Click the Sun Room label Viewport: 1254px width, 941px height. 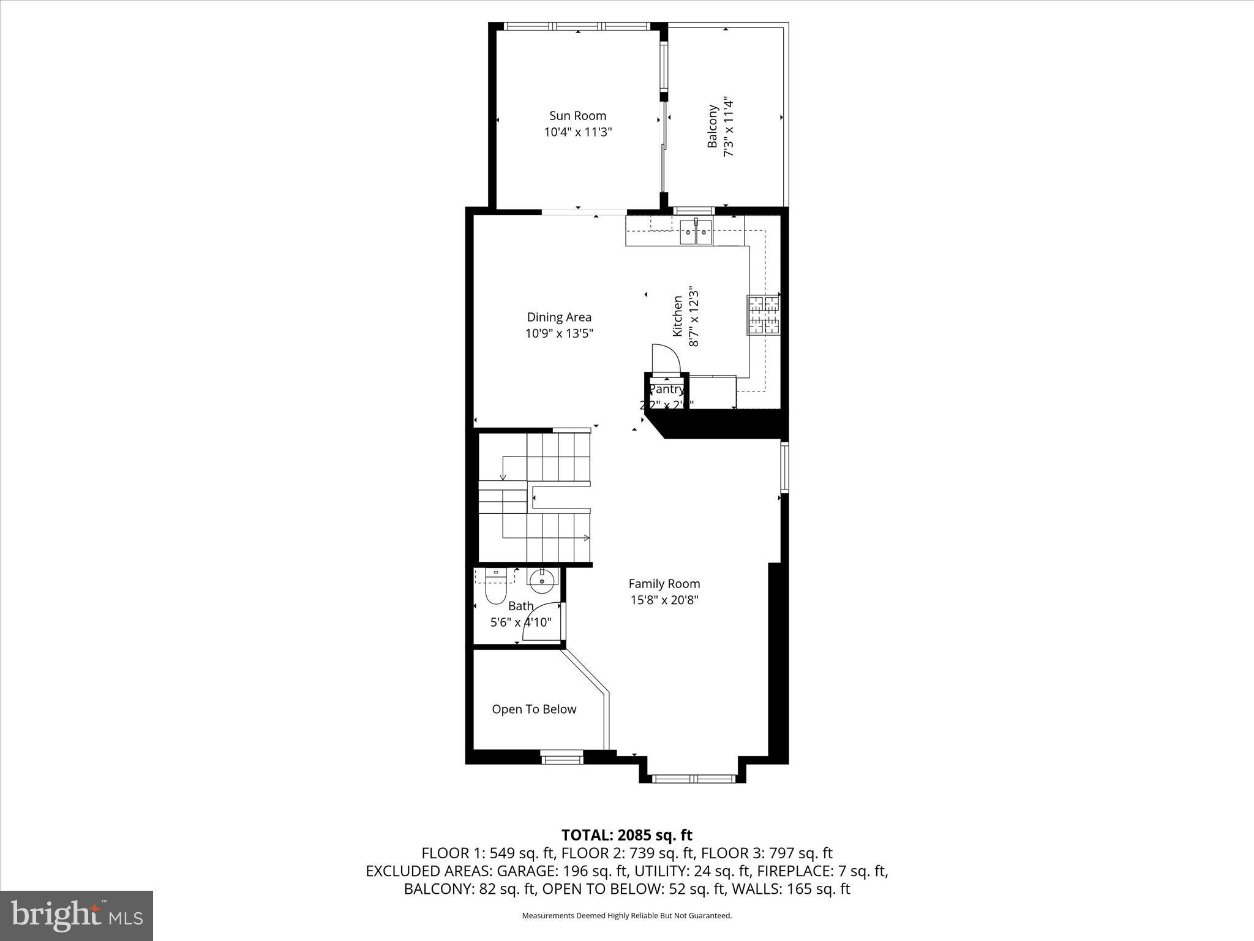pos(577,116)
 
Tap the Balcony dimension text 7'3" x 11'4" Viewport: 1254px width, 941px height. pos(729,127)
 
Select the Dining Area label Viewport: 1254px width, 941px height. pos(559,317)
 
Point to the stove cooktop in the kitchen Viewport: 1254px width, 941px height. pos(762,316)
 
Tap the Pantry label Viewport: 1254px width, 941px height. pos(666,390)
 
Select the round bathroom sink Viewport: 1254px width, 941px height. pos(542,580)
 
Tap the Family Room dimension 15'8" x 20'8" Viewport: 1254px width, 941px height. pos(664,600)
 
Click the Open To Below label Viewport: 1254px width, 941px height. pos(534,709)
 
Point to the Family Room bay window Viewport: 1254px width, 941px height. pos(693,779)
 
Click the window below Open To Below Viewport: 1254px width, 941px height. pos(562,760)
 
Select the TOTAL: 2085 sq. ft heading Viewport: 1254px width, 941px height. pos(626,835)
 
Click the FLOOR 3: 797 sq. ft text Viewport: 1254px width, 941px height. pos(767,853)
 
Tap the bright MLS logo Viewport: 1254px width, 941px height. pos(77,915)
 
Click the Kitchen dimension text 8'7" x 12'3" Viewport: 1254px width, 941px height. pos(694,316)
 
